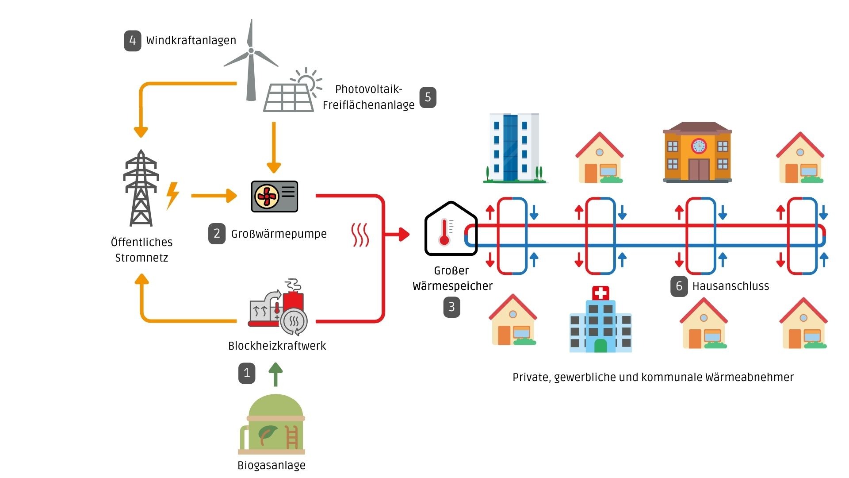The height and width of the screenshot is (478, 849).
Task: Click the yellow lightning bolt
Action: click(172, 195)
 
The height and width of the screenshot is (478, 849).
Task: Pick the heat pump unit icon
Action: click(274, 196)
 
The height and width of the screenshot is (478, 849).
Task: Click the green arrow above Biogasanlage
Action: click(275, 374)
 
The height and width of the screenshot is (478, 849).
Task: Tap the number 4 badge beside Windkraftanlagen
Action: click(132, 41)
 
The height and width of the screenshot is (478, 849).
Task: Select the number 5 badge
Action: click(428, 97)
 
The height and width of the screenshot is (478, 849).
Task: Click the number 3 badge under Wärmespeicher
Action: click(451, 307)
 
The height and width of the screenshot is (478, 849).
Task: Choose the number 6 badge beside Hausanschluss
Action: click(679, 286)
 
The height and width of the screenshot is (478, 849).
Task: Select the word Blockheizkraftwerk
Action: click(277, 346)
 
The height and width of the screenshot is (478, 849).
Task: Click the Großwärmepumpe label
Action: click(279, 234)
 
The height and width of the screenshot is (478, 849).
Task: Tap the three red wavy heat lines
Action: click(360, 235)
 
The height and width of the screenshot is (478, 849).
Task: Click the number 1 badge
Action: click(247, 373)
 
